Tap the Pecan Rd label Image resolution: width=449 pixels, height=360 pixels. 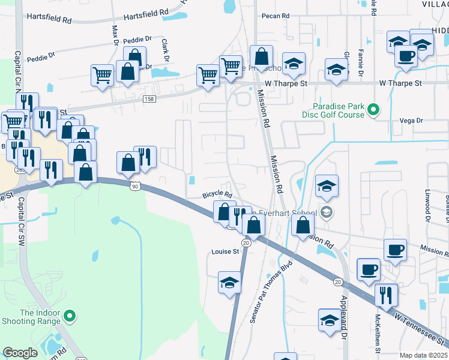276,16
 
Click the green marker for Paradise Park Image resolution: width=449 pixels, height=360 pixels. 373,110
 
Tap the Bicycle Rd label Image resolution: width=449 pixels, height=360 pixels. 217,194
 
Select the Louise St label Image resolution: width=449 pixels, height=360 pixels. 225,252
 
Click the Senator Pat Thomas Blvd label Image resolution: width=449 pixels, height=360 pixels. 271,292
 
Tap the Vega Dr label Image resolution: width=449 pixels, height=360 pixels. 411,121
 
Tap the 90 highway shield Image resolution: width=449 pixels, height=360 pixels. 134,187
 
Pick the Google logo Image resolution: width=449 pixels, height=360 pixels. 20,353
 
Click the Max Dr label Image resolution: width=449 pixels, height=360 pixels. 115,34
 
